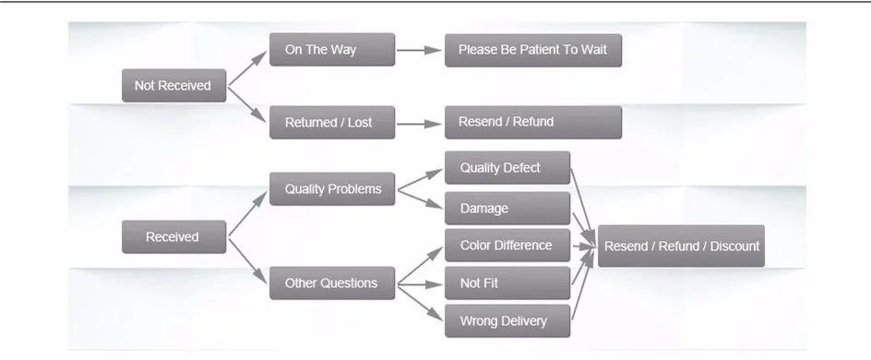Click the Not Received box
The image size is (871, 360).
173,86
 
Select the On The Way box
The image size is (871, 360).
332,50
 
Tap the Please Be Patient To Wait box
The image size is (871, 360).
533,50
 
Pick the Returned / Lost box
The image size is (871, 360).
332,122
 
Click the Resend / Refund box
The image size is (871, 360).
533,122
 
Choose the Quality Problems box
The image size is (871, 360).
332,189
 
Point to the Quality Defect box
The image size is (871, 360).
507,168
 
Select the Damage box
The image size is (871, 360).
507,209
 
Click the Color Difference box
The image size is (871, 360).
507,245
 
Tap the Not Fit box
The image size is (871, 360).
507,282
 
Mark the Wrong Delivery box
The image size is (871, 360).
507,320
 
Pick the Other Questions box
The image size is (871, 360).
332,282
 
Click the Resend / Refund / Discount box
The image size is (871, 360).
681,246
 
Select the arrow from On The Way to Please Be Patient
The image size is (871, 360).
420,50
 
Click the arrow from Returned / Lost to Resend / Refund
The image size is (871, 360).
420,124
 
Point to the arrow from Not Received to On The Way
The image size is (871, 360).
248,67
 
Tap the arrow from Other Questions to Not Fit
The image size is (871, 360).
420,285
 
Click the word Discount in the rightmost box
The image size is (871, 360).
734,246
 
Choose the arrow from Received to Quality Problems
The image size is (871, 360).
248,213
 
